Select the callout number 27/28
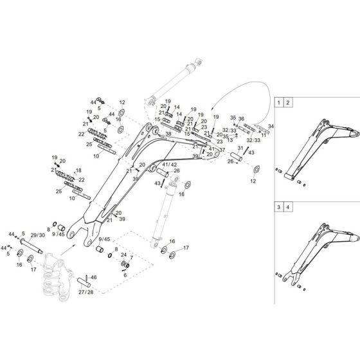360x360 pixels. point(85,291)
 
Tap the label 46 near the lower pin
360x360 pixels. point(94,277)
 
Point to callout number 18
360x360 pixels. point(79,170)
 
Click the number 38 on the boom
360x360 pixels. point(168,134)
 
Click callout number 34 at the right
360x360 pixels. point(271,126)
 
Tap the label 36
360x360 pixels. point(242,118)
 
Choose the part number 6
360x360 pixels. point(125,275)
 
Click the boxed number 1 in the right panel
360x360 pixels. point(278,102)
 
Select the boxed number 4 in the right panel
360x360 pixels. point(288,208)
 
